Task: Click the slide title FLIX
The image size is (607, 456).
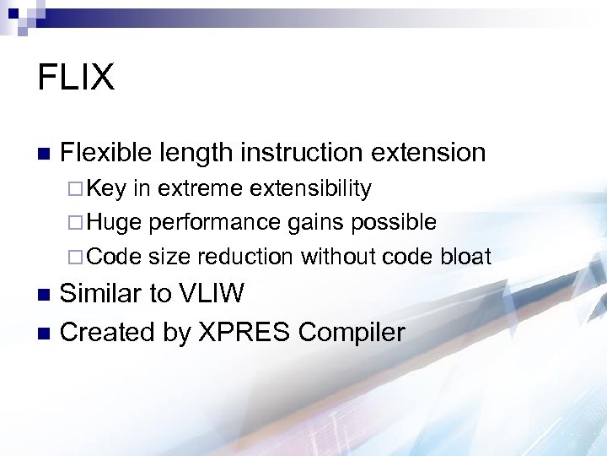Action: [76, 77]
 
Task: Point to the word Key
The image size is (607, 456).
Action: [106, 187]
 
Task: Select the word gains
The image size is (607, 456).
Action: [313, 223]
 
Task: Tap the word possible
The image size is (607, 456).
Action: [396, 222]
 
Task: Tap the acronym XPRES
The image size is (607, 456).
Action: [243, 332]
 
